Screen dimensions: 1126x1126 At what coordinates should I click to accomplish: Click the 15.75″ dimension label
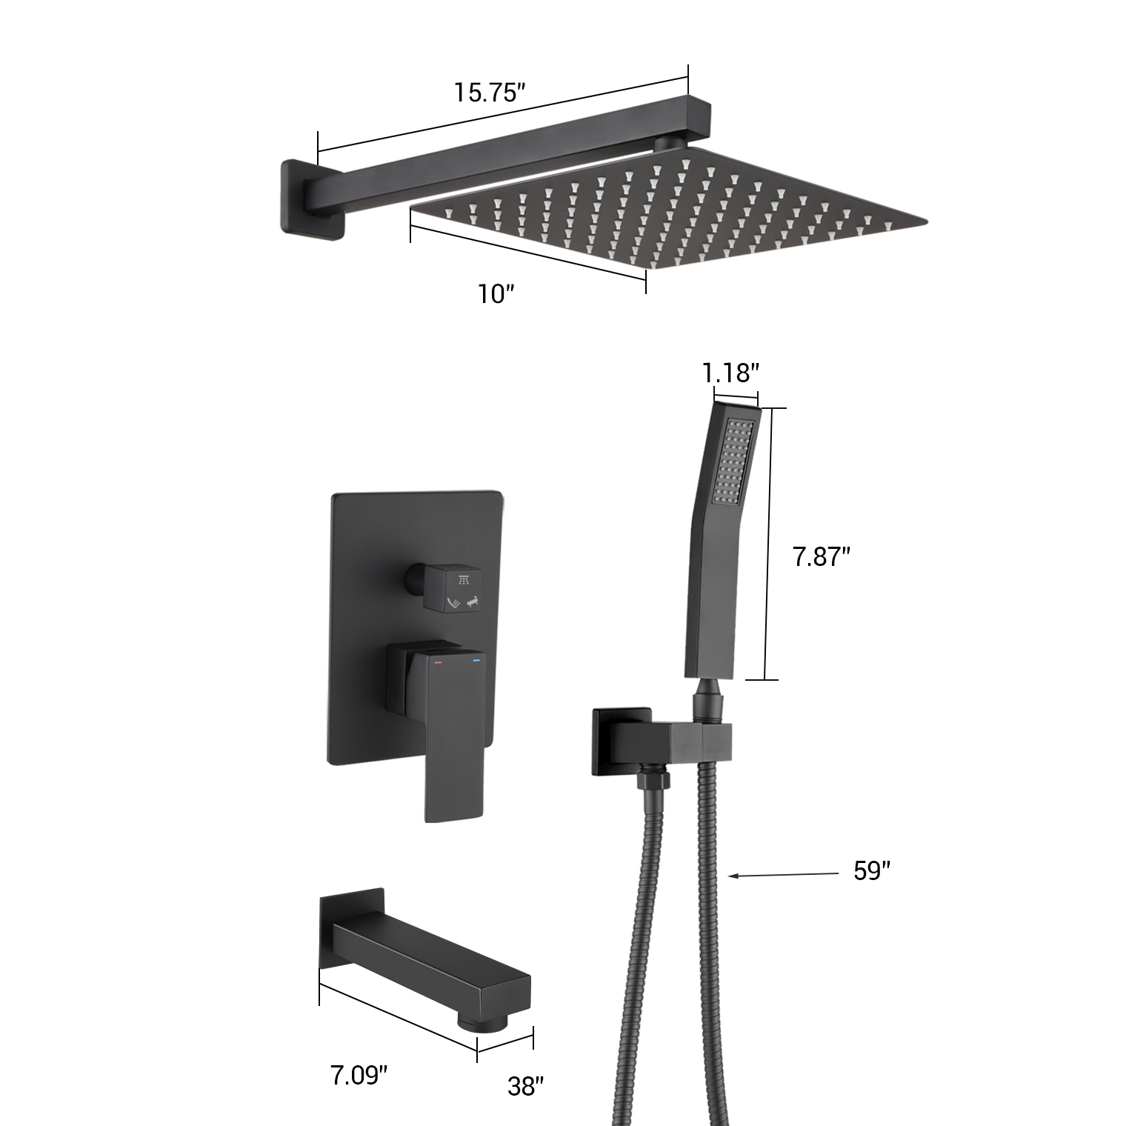coord(490,93)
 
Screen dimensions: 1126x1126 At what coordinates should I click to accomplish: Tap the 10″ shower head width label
coord(496,293)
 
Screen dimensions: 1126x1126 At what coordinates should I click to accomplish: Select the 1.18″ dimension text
coord(730,373)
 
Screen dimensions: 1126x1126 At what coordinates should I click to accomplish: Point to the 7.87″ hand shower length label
coord(821,556)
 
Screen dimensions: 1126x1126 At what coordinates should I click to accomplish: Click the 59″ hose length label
coord(871,871)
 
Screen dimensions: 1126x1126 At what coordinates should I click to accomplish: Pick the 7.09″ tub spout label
coord(359,1074)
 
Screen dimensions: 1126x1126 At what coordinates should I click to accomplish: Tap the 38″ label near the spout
coord(525,1087)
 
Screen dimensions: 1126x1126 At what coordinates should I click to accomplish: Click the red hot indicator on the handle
coord(437,659)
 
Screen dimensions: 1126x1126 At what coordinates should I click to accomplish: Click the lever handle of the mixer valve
coord(453,741)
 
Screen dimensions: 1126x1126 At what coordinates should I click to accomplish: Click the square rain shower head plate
coord(667,207)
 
